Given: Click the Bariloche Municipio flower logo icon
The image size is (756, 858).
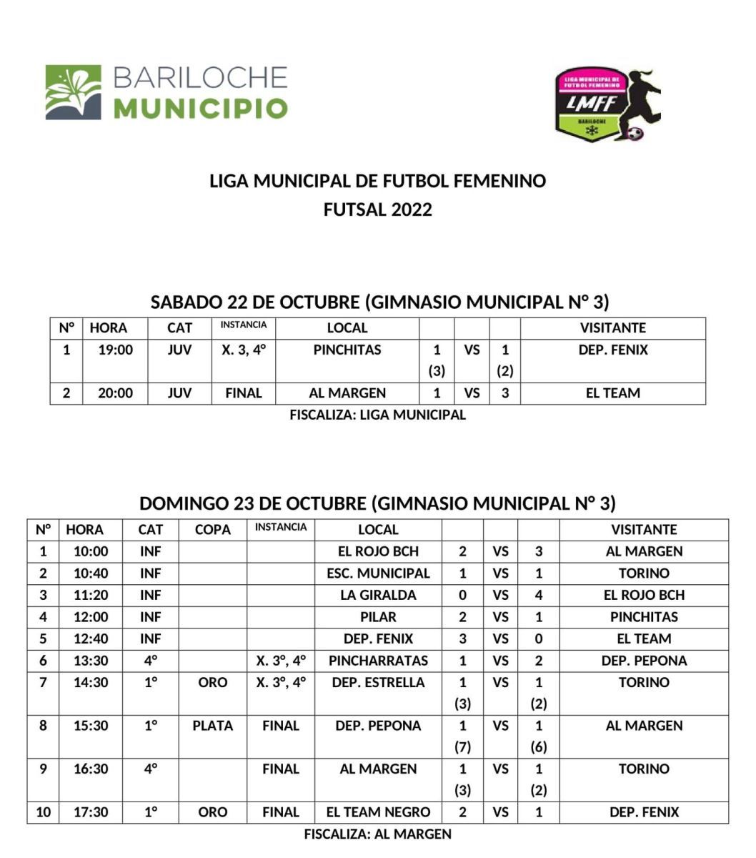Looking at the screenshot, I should pos(73,92).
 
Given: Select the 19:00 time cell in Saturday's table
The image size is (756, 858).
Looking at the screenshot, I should pos(116,350).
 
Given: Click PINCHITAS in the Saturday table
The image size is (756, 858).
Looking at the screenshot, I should pos(347,350).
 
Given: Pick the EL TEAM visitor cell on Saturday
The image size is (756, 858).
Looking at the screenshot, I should pos(612,393).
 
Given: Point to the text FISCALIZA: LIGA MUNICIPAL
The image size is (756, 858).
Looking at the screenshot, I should pos(377,415).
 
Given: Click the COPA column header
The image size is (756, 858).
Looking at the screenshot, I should pos(213,530).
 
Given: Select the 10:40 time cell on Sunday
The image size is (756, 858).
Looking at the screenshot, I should pos(91,573).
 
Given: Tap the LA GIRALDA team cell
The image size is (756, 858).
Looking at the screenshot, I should pos(378,595).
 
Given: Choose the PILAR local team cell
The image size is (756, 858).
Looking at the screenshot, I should pos(378,617).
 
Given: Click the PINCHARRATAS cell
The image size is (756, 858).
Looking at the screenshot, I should pos(378,661).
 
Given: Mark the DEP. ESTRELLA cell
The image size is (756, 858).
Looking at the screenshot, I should pos(378,683).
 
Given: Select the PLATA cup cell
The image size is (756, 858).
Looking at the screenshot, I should pos(213,726).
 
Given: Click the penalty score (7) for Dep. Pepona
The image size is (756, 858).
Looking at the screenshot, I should pos(462,747).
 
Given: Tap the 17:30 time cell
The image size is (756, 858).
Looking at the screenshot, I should pos(91,812).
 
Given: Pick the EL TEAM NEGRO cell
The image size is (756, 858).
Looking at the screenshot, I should pos(378,812).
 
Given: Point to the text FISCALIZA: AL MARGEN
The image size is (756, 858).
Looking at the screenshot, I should pos(377,834).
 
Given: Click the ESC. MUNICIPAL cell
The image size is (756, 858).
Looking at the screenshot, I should pos(378,573).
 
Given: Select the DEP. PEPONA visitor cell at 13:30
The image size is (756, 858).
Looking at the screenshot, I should pos(644,661).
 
